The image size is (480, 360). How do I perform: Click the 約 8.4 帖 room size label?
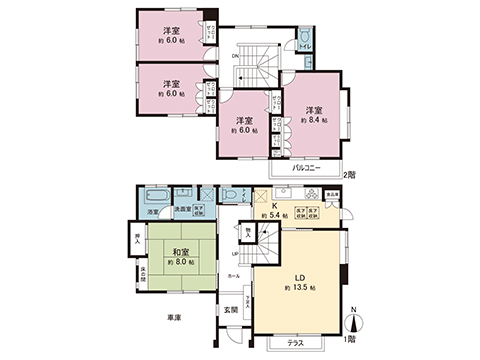(313, 120)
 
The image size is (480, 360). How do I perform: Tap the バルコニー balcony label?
(309, 168)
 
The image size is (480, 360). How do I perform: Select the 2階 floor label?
(347, 175)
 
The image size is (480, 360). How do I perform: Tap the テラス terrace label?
(296, 340)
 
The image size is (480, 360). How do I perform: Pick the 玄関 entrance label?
(231, 310)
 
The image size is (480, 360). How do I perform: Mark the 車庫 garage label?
(175, 317)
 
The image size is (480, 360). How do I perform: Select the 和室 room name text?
(173, 250)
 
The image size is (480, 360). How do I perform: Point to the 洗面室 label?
(183, 209)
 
